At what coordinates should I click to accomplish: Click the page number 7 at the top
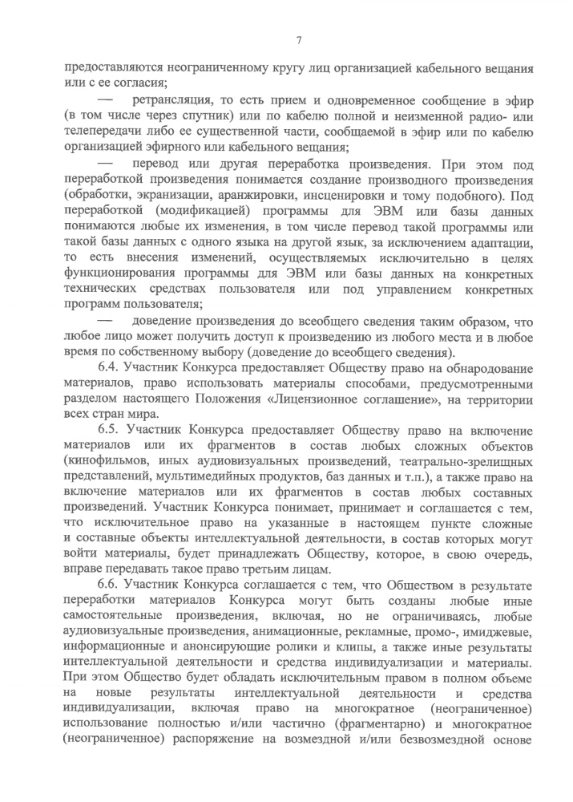pos(298,41)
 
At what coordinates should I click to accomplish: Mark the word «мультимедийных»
pos(186,476)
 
